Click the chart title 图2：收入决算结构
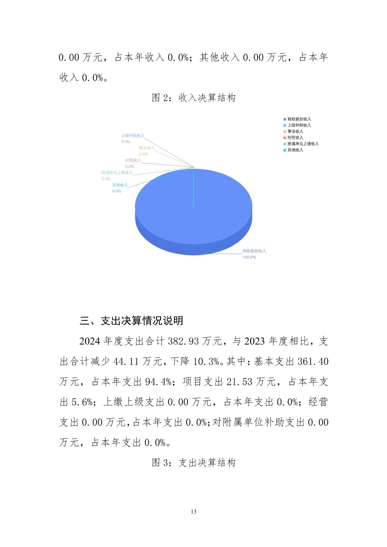[x=193, y=98]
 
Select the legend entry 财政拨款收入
[x=299, y=119]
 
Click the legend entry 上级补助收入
[x=299, y=125]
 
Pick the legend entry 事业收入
[x=295, y=131]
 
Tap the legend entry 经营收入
[x=295, y=137]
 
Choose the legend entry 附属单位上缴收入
[x=303, y=144]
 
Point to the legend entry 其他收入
[x=295, y=150]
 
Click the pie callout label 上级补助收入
[x=132, y=136]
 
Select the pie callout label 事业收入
[x=146, y=148]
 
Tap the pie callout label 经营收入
[x=133, y=161]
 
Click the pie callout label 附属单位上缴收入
[x=117, y=173]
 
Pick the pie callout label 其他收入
[x=120, y=185]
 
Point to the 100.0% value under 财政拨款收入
[x=249, y=257]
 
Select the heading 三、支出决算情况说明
[x=132, y=321]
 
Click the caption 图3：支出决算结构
[x=193, y=463]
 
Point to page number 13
[x=193, y=512]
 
